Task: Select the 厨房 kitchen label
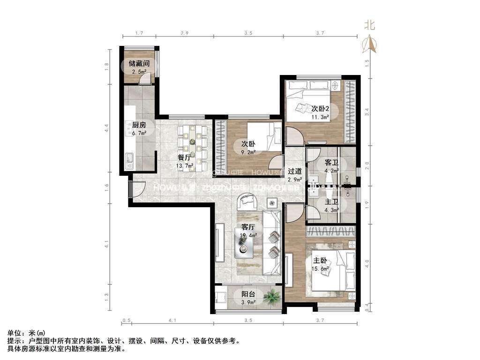point(139,125)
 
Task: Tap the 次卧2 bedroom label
point(321,109)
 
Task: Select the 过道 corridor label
point(294,171)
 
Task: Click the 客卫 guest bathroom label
point(332,163)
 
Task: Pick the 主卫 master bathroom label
point(332,202)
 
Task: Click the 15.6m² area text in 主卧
point(321,269)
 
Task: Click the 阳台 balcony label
point(248,294)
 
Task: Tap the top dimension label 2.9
point(184,33)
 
